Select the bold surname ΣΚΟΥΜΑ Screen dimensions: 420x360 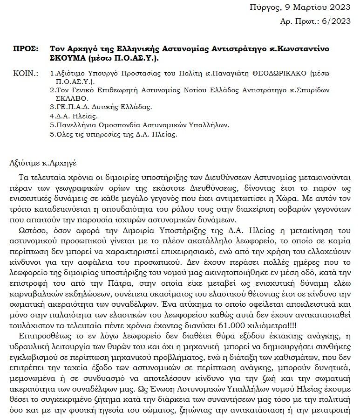(66, 58)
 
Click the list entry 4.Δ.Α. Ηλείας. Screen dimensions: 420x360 (74, 116)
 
